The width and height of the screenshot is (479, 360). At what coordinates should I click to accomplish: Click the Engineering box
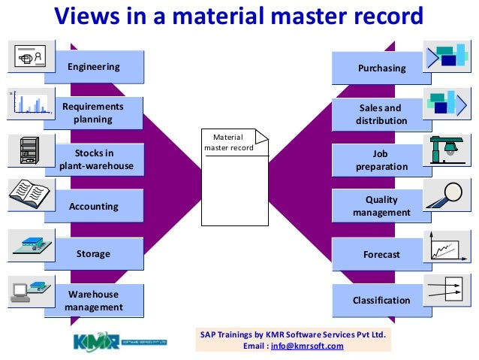point(94,67)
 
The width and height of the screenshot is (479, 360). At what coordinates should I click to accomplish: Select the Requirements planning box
point(93,113)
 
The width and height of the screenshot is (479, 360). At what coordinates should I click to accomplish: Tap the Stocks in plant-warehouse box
point(95,159)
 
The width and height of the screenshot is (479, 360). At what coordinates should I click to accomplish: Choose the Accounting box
point(94,206)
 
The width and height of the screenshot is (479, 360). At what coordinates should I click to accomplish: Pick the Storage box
point(93,253)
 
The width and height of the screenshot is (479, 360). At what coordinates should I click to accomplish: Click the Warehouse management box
point(94,300)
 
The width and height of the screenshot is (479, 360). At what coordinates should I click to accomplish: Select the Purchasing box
point(381,68)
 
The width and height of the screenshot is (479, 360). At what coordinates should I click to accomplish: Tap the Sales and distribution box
point(381,114)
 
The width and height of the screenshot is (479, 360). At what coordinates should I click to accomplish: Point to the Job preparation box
point(381,159)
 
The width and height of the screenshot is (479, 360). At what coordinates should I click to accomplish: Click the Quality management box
point(381,206)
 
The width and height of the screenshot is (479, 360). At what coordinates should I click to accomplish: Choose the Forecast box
point(381,255)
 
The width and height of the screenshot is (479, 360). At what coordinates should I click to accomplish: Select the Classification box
point(381,301)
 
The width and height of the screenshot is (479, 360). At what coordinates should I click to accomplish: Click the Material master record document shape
point(235,176)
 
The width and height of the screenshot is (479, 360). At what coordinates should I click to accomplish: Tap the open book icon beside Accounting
point(28,196)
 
